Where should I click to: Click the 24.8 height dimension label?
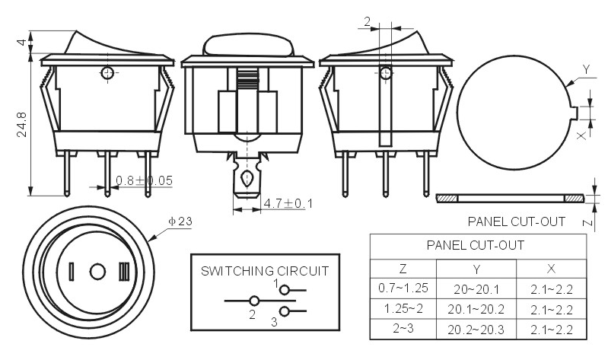[x=22, y=125]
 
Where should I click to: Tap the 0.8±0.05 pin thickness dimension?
[x=145, y=180]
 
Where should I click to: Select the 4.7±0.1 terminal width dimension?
[x=288, y=203]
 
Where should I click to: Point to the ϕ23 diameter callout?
[x=180, y=221]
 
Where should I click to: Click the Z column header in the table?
[x=403, y=269]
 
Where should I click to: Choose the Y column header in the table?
[x=476, y=269]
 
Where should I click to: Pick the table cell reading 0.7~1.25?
[x=403, y=288]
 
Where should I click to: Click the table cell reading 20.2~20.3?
[x=476, y=330]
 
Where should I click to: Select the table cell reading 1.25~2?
[x=403, y=309]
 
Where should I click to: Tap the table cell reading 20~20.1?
[x=476, y=289]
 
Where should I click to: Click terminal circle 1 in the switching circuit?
[x=285, y=290]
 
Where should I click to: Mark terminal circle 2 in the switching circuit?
[x=254, y=301]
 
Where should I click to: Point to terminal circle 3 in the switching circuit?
[x=285, y=311]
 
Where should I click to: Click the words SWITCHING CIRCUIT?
[x=265, y=271]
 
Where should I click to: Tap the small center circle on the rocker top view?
[x=97, y=272]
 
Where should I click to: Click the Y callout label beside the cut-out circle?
[x=586, y=70]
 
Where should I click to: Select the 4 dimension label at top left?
[x=22, y=42]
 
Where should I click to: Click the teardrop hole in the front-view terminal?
[x=247, y=178]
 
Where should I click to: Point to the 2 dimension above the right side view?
[x=368, y=22]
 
